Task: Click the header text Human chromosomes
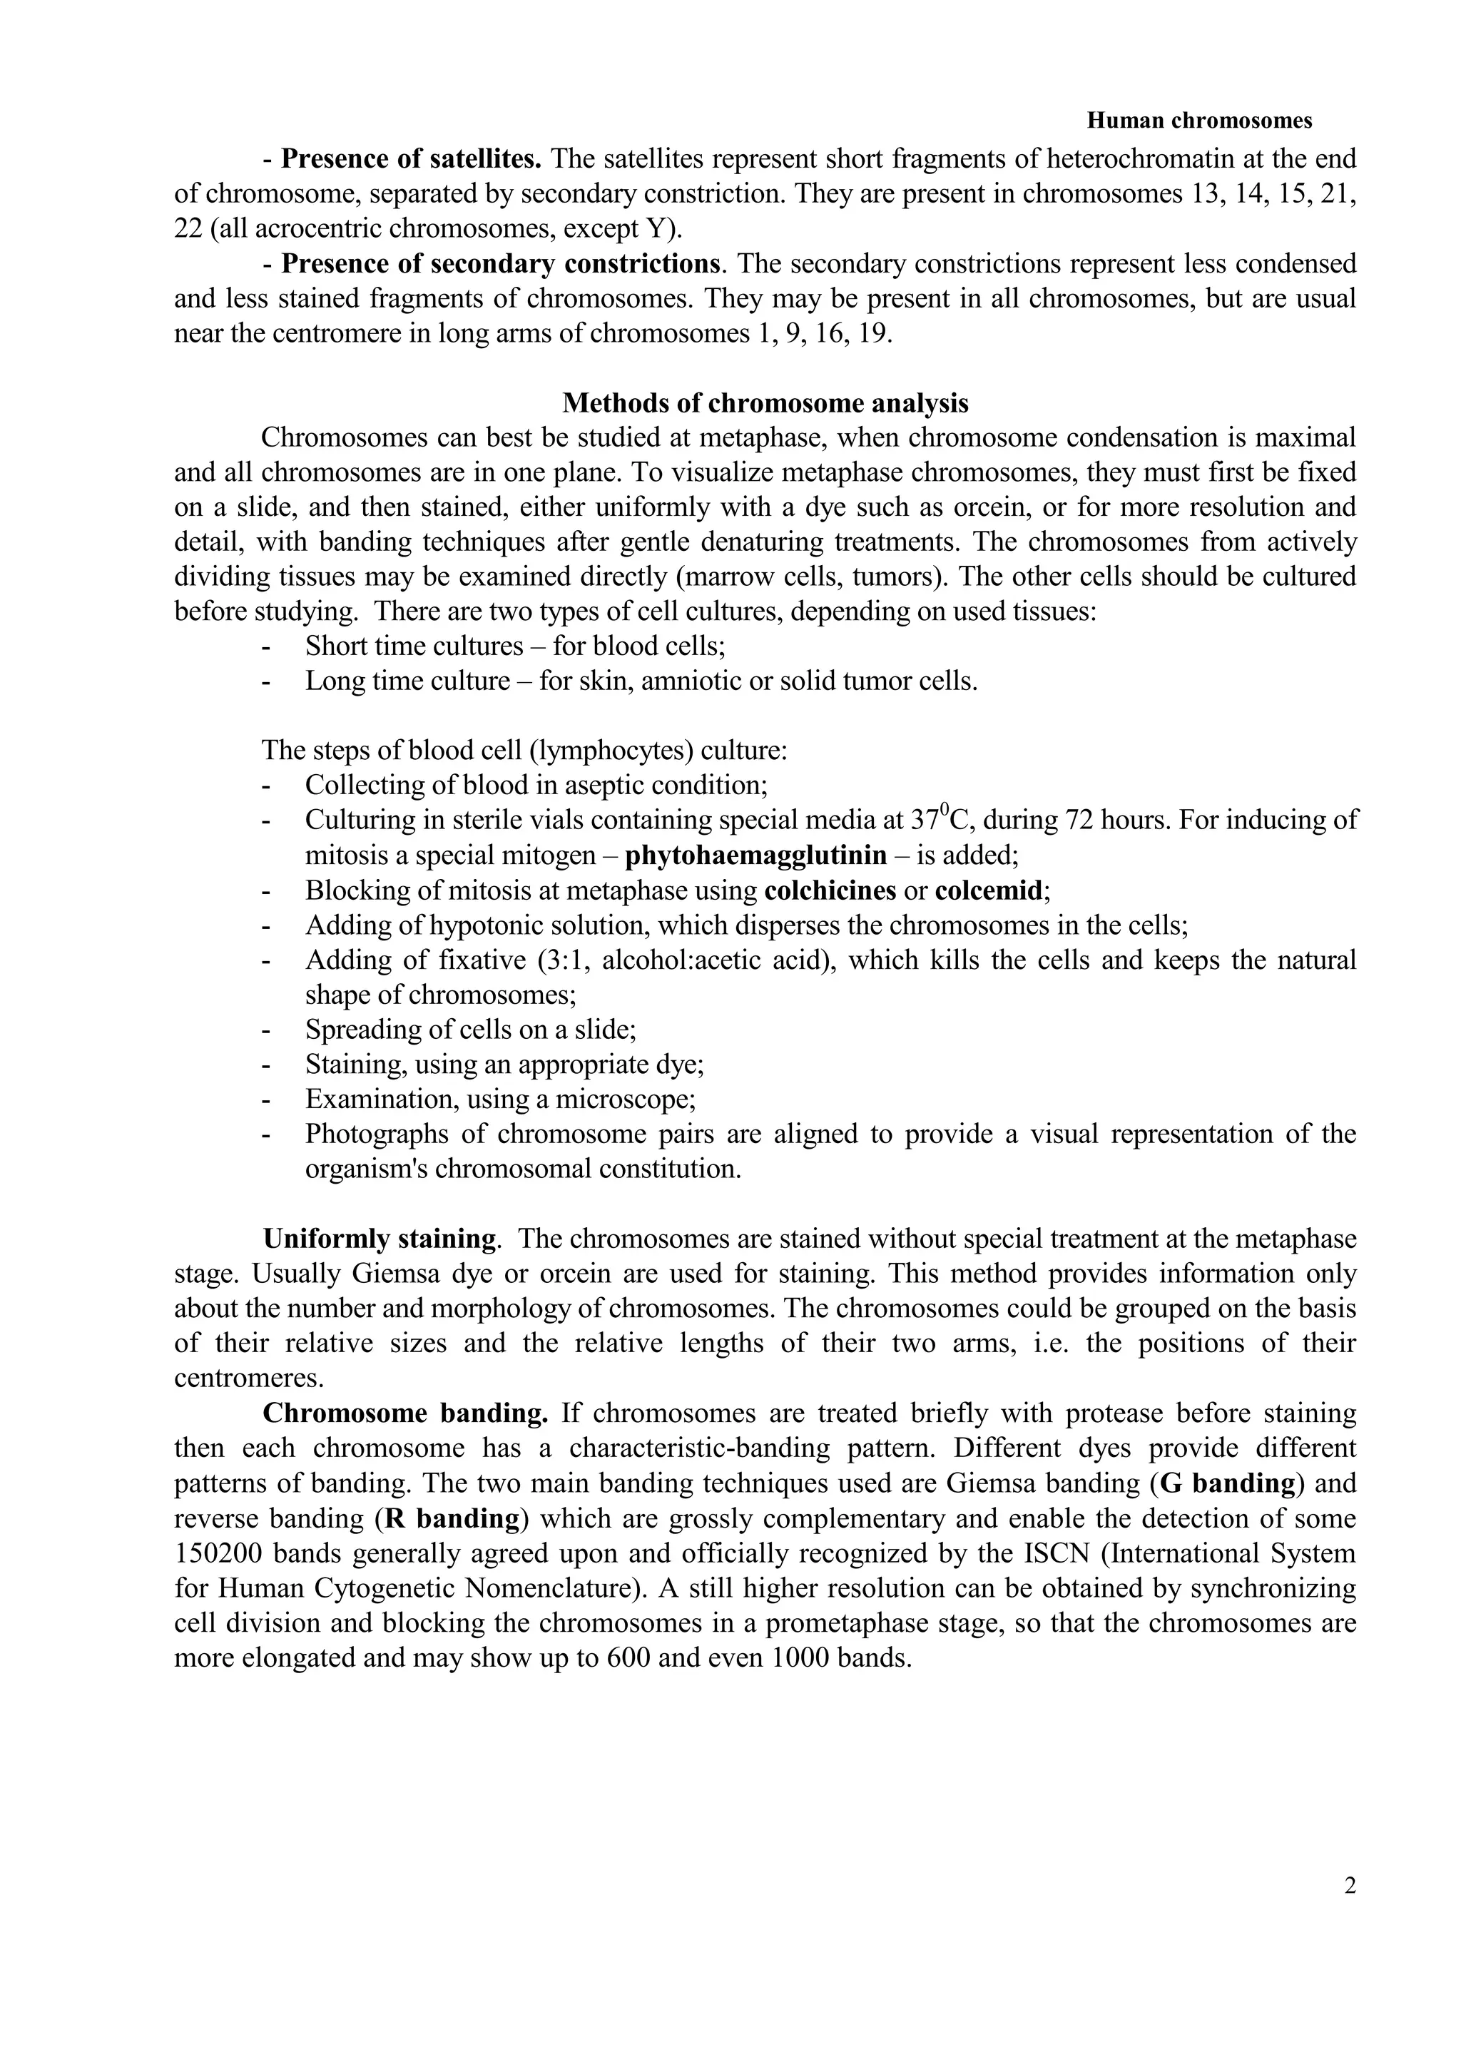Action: pos(1199,120)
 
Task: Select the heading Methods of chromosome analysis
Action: pos(765,402)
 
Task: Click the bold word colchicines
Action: pos(830,890)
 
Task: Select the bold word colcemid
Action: pos(990,890)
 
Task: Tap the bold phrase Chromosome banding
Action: pos(405,1413)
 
